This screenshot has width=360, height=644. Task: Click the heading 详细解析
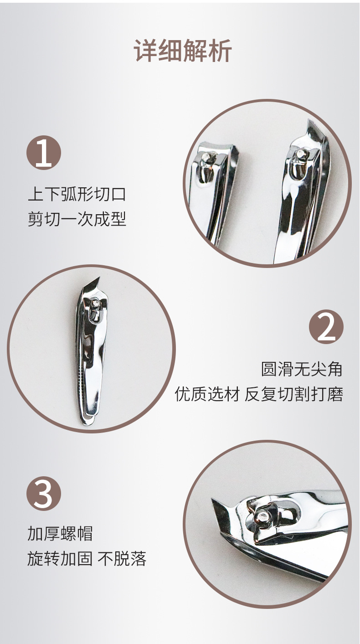(183, 51)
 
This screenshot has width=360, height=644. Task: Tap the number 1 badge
(44, 153)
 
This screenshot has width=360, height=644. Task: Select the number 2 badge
(326, 327)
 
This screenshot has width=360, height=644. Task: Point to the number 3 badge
(44, 494)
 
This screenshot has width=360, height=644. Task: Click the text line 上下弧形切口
(77, 194)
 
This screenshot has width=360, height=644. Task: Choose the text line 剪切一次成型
(77, 219)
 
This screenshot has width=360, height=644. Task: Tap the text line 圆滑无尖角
(302, 369)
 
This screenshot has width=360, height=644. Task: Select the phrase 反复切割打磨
(294, 394)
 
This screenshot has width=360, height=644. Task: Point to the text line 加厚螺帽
(60, 533)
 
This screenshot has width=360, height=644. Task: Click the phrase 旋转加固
(60, 559)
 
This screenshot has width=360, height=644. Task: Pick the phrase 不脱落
(122, 559)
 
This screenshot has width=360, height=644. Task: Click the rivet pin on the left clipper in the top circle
(208, 158)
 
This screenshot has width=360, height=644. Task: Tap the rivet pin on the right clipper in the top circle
(300, 155)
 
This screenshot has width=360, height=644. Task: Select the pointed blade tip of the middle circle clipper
(98, 279)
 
